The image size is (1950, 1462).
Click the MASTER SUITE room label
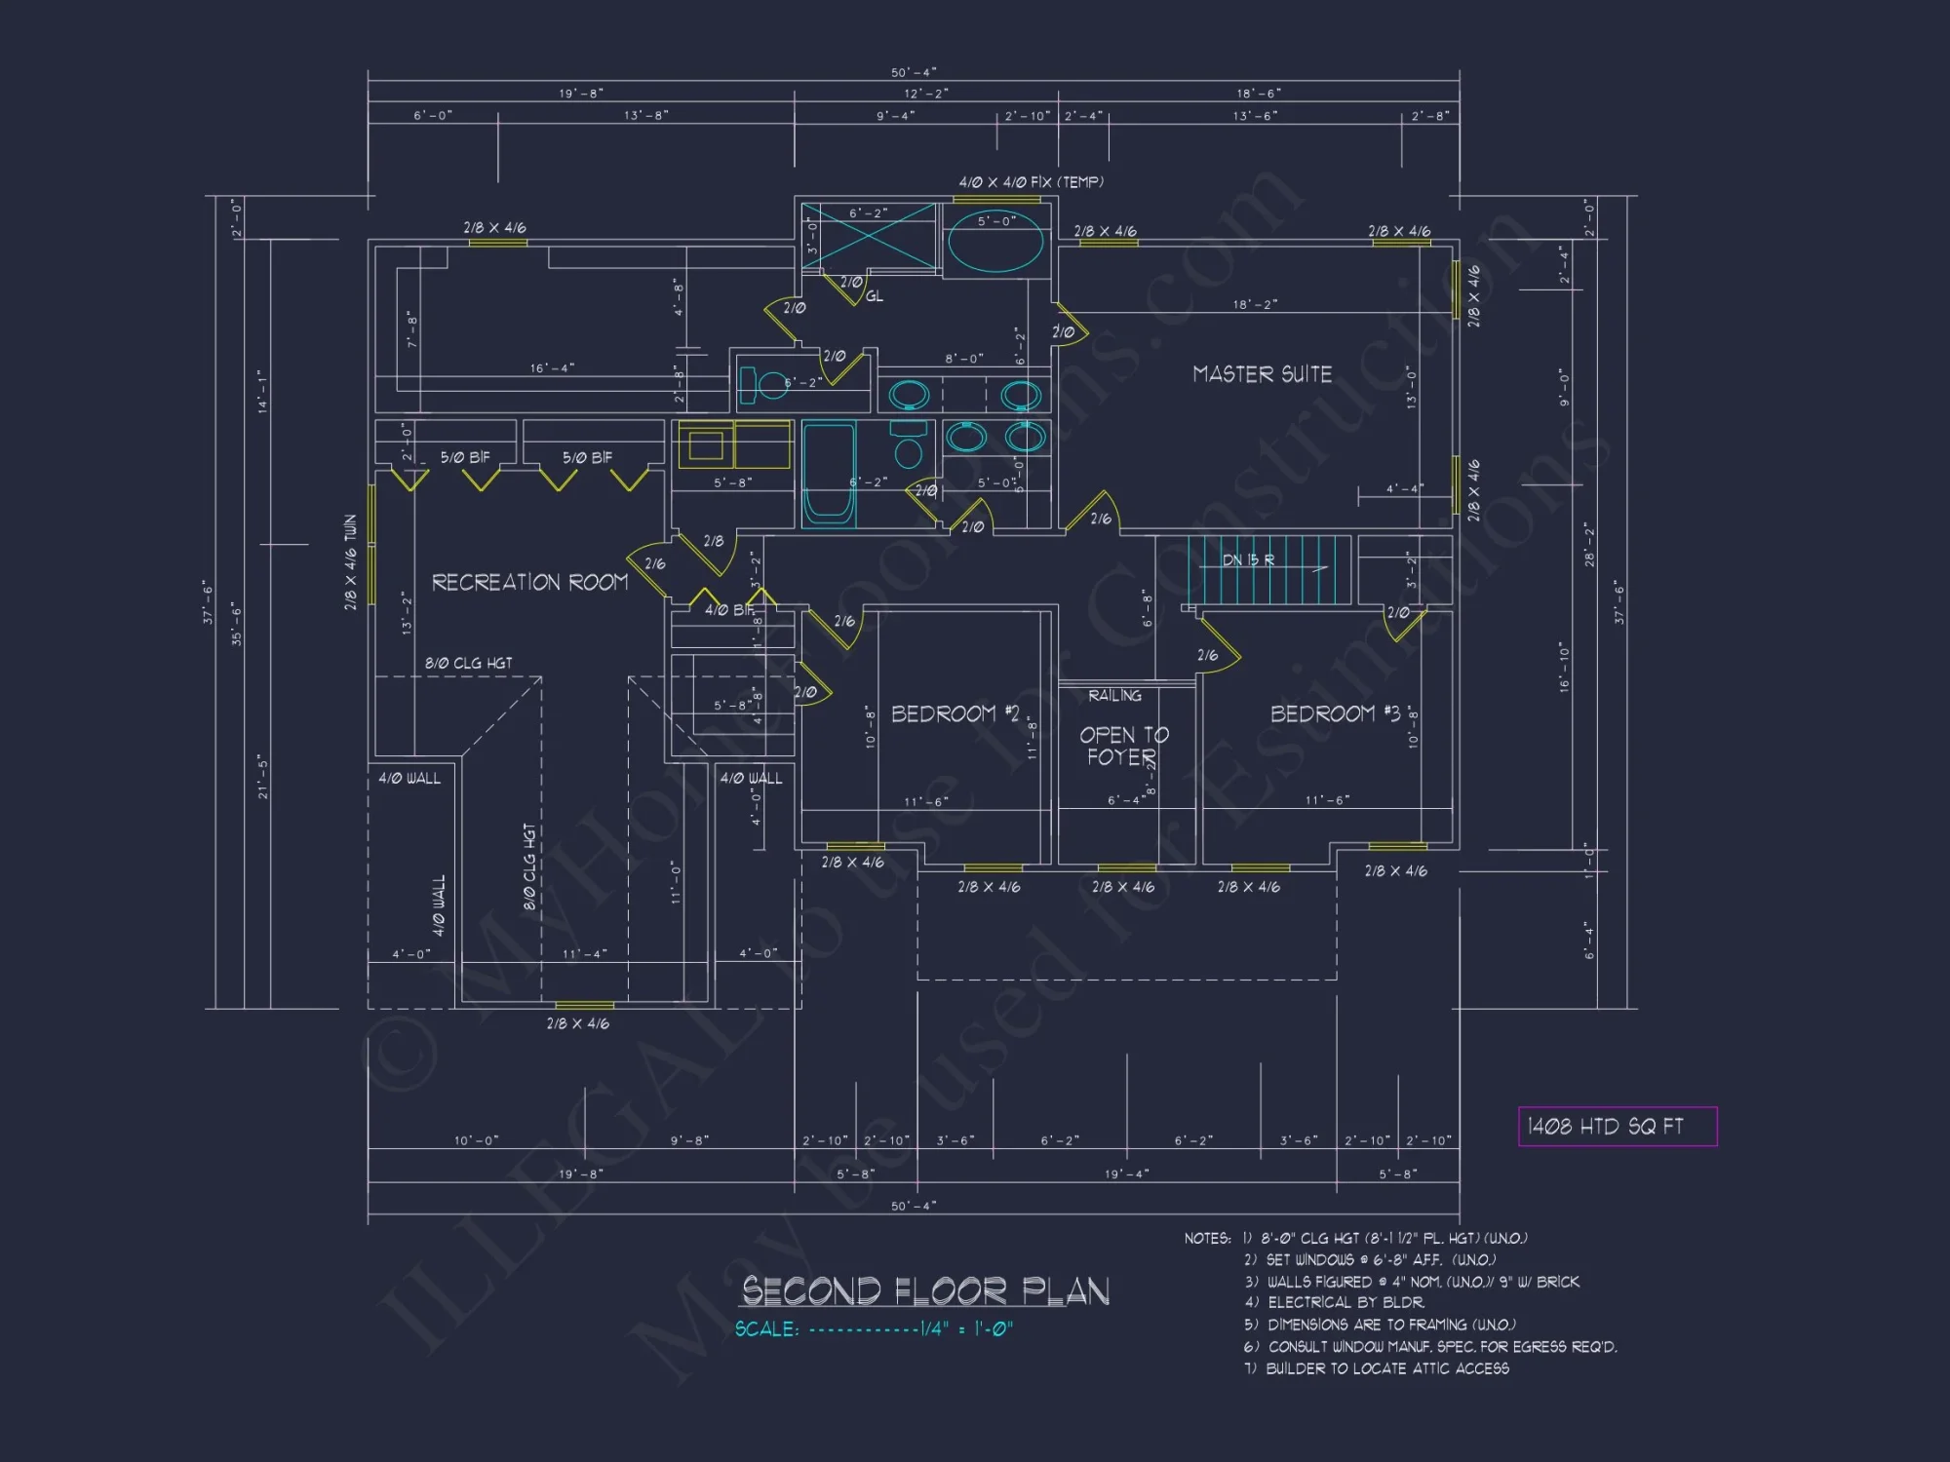1262,374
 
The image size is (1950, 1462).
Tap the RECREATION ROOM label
529,582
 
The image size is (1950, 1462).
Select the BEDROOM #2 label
955,713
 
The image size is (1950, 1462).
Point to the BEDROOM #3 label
1335,713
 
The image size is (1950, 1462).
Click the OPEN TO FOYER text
1123,746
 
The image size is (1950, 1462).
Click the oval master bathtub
995,244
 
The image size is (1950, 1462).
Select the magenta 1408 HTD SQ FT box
1617,1127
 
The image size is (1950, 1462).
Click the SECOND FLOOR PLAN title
925,1291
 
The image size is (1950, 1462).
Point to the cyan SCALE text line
874,1329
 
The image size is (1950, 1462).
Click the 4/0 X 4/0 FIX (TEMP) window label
1031,182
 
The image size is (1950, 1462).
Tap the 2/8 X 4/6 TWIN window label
350,562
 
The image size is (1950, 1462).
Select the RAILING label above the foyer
1114,695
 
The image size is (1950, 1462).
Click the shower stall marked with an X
868,236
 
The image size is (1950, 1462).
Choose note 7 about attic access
1377,1368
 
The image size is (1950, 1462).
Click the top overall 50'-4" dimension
913,72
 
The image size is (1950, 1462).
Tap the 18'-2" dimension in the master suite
1255,304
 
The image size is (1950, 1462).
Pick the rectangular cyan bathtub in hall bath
828,474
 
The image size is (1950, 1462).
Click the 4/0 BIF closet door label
729,610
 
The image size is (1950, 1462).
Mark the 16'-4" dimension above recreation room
552,368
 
